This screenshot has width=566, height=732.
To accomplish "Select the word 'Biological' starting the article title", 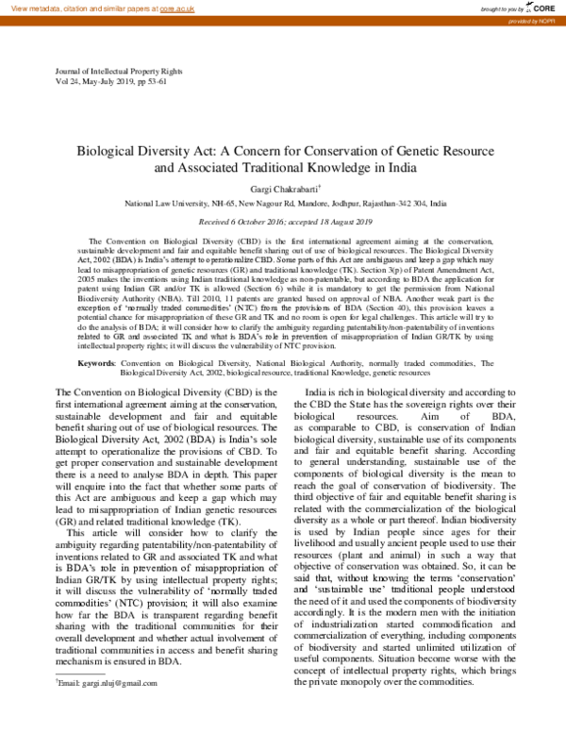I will tap(106, 150).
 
